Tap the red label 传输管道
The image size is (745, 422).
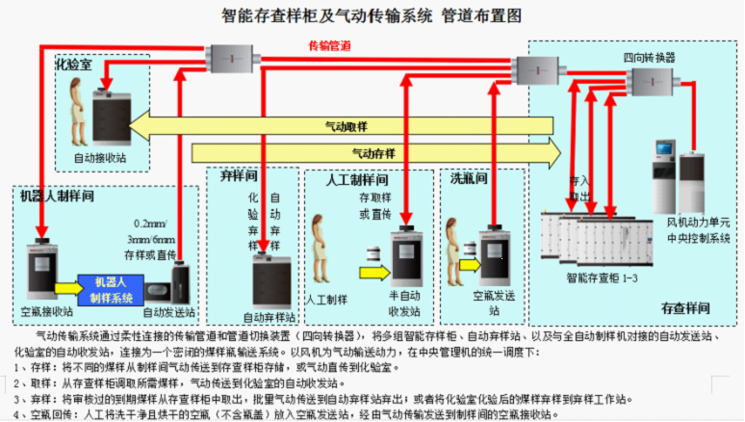329,46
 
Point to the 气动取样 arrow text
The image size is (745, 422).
346,126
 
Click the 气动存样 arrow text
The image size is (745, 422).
372,152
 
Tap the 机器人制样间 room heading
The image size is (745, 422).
57,196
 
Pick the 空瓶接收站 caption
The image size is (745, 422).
47,311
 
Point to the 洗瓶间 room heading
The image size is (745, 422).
470,178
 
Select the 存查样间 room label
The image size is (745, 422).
685,308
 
